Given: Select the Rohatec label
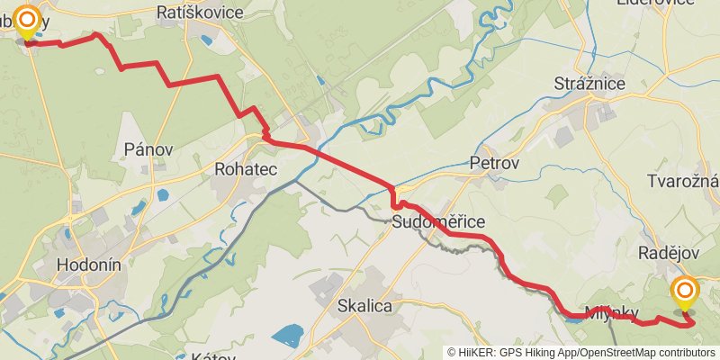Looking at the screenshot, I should coord(246,168).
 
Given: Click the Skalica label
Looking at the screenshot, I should coord(364,306).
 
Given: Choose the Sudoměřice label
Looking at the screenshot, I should coord(439,222).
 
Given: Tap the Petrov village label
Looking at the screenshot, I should coord(494,164).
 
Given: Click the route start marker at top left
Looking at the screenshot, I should coord(28,22).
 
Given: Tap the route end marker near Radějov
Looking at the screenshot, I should coord(685,292).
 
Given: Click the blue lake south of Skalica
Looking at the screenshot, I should coord(288,338).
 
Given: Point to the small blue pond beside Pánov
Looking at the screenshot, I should coord(162,193).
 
